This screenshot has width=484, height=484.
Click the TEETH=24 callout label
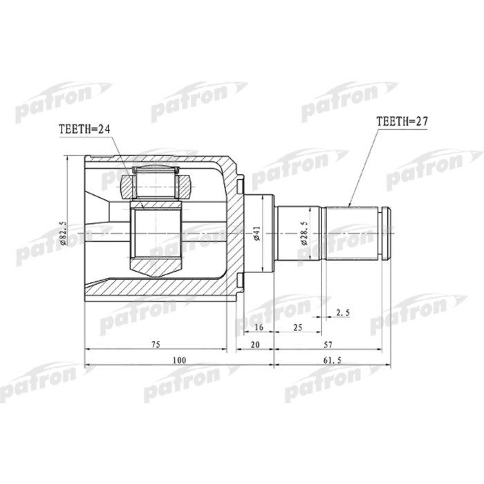click(85, 129)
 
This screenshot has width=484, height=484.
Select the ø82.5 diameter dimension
click(62, 232)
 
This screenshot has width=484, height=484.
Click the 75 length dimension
click(156, 343)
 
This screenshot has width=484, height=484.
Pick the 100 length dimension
click(179, 360)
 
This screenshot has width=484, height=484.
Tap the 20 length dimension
click(255, 343)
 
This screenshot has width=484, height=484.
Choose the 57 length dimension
click(333, 343)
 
